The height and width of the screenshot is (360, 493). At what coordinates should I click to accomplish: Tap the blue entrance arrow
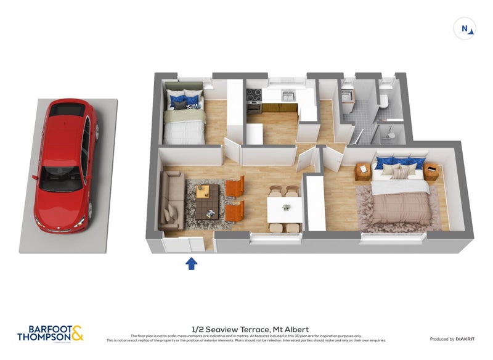[192, 264]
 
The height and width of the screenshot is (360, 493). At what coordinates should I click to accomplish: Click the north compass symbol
[465, 28]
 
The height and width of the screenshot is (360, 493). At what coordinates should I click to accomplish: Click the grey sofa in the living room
[170, 198]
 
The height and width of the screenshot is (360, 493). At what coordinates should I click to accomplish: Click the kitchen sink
[287, 96]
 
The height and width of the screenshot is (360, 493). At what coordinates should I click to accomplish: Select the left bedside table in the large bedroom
[363, 171]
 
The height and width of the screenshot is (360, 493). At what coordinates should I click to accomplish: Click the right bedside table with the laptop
[431, 171]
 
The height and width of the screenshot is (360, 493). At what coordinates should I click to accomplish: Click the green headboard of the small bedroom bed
[182, 86]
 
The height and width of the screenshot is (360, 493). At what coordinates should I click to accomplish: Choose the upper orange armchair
[235, 186]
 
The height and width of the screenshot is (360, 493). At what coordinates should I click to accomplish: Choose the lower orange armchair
[235, 211]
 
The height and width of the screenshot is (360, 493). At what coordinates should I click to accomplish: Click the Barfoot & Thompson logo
[50, 333]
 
